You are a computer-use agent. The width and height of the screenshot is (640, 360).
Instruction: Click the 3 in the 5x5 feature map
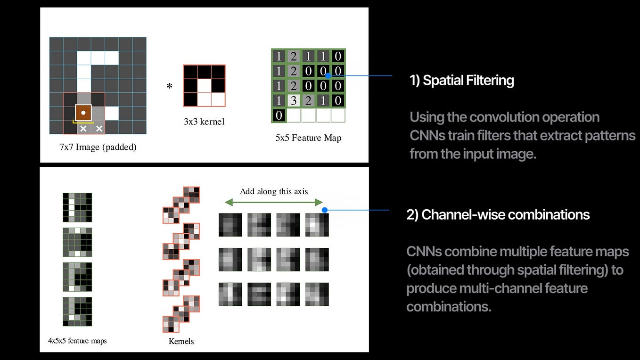pos(293,100)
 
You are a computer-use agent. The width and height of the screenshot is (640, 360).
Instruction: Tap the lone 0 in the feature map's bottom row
pos(279,115)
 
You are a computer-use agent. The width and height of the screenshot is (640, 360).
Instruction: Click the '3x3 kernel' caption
pos(204,122)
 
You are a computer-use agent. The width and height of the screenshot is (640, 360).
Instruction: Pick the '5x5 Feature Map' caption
pos(308,138)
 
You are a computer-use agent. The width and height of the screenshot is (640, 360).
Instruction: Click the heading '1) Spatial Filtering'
pos(462,81)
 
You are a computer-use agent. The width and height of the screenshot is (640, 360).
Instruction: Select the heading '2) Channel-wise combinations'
pos(498,215)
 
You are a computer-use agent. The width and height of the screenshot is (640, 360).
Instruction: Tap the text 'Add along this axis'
pos(274,191)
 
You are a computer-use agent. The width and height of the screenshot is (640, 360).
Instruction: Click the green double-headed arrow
pos(274,202)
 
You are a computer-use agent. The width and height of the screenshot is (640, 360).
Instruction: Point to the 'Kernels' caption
pos(181,341)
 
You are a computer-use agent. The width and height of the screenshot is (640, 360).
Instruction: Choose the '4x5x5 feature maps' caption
pos(77,340)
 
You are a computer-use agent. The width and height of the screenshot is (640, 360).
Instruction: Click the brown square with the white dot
pos(83,113)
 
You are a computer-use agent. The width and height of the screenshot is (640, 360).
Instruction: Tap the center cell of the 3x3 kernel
pos(204,85)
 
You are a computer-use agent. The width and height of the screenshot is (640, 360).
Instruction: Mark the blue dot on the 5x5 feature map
pos(327,71)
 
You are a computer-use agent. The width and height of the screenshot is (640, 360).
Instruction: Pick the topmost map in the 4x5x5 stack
pos(77,207)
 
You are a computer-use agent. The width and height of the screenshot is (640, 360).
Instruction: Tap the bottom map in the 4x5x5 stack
pos(77,311)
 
